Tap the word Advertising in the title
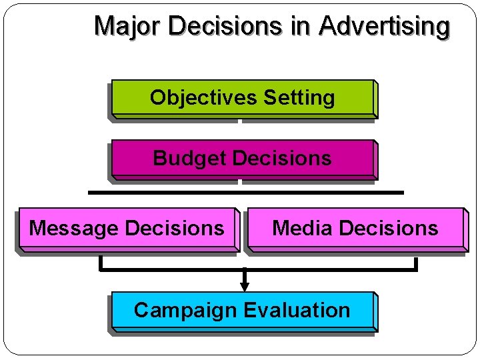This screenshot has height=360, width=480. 385,26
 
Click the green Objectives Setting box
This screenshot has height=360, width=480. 243,98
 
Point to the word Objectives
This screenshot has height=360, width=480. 204,98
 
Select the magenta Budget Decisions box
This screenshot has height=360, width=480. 243,159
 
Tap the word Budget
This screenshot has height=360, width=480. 190,159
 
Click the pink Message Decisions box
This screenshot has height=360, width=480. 127,229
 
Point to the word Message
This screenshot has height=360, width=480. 73,229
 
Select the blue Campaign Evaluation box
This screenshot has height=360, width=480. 243,311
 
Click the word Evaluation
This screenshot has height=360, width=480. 297,311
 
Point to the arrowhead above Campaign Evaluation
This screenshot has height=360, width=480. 245,286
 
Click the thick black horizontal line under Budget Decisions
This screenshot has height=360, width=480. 245,192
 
